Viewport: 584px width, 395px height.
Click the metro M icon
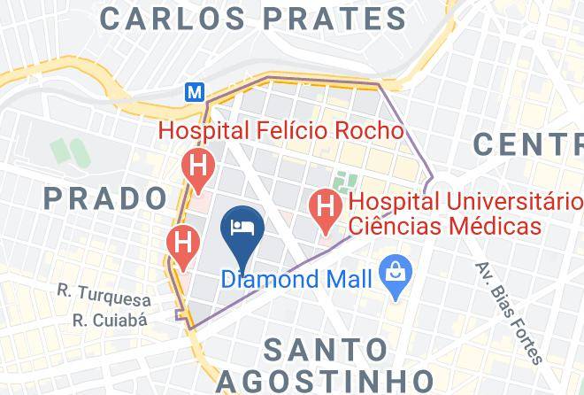point(193,91)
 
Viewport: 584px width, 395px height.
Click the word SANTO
point(326,348)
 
